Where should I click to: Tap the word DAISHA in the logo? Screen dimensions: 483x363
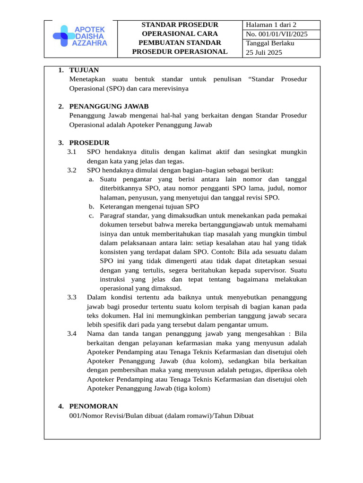click(89, 36)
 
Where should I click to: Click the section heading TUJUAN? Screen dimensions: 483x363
click(84, 70)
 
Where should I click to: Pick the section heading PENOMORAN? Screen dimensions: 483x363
click(94, 406)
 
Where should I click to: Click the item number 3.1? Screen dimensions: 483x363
click(72, 152)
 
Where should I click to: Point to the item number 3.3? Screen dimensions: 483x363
click(72, 297)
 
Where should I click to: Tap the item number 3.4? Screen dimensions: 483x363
click(72, 333)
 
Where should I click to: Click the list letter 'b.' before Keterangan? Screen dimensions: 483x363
click(92, 207)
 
